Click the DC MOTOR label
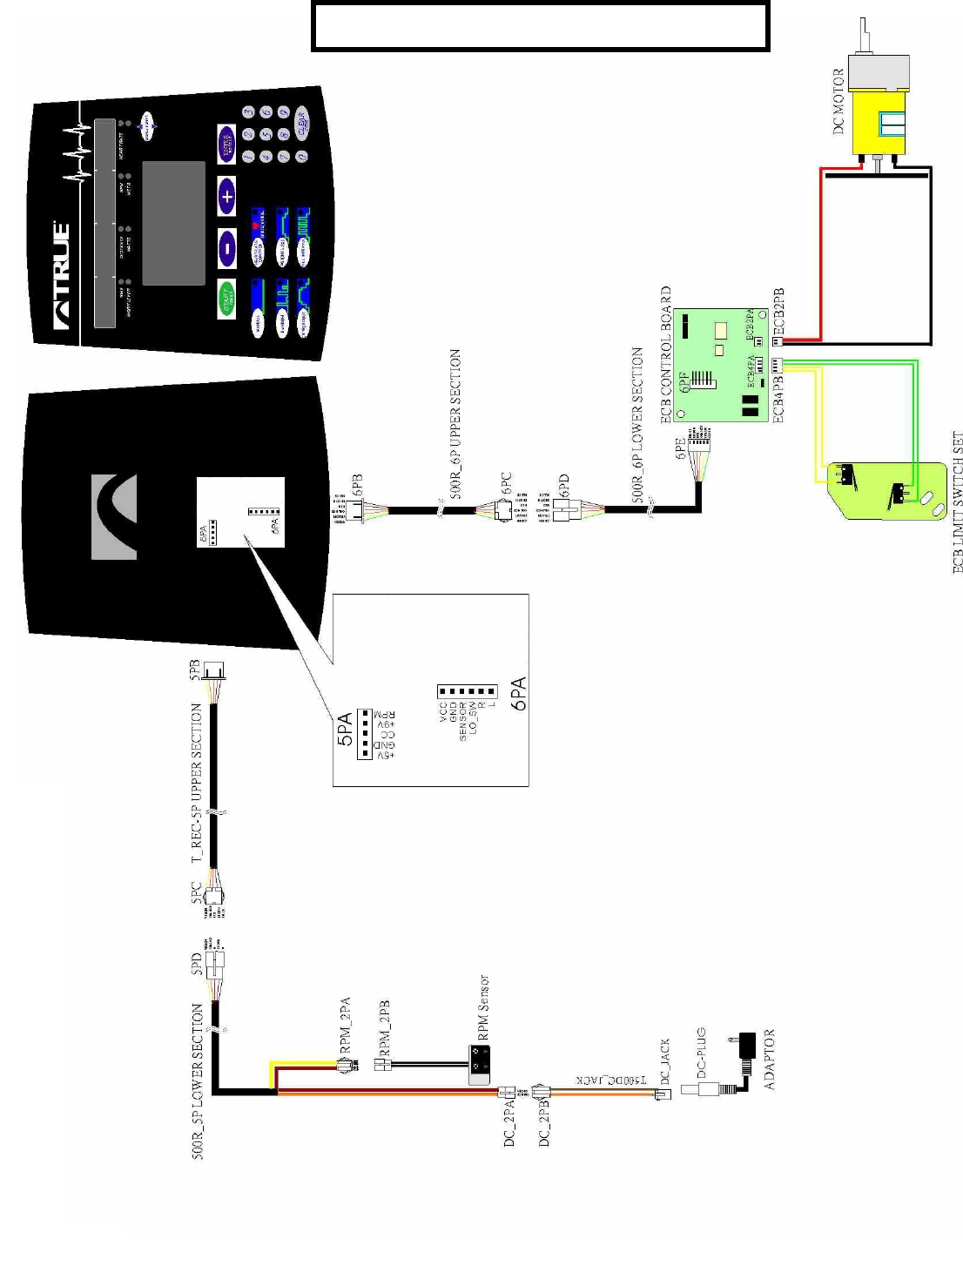click(x=839, y=101)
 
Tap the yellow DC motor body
click(x=879, y=123)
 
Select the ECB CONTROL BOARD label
click(x=667, y=354)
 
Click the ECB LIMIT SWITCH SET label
click(x=957, y=502)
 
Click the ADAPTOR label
click(x=769, y=1059)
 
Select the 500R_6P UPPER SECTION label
click(x=455, y=424)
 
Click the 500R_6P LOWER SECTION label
click(x=637, y=425)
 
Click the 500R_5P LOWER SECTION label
click(x=198, y=1080)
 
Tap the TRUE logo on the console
click(x=62, y=274)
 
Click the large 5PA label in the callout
click(x=345, y=729)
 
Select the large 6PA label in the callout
click(x=519, y=694)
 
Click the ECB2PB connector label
click(x=779, y=312)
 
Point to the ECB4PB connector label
click(x=779, y=397)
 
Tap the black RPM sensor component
click(x=478, y=1065)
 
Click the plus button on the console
click(x=226, y=197)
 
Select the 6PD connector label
click(x=563, y=486)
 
